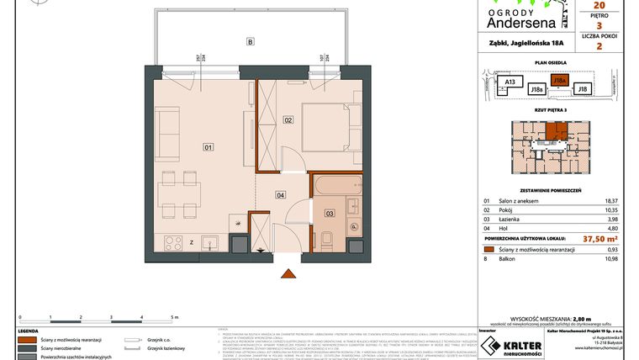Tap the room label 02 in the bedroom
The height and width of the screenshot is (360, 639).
click(288, 121)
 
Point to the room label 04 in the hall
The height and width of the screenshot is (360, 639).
click(279, 195)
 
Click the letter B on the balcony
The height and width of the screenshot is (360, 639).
click(250, 41)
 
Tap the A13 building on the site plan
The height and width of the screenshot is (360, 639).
click(508, 82)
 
